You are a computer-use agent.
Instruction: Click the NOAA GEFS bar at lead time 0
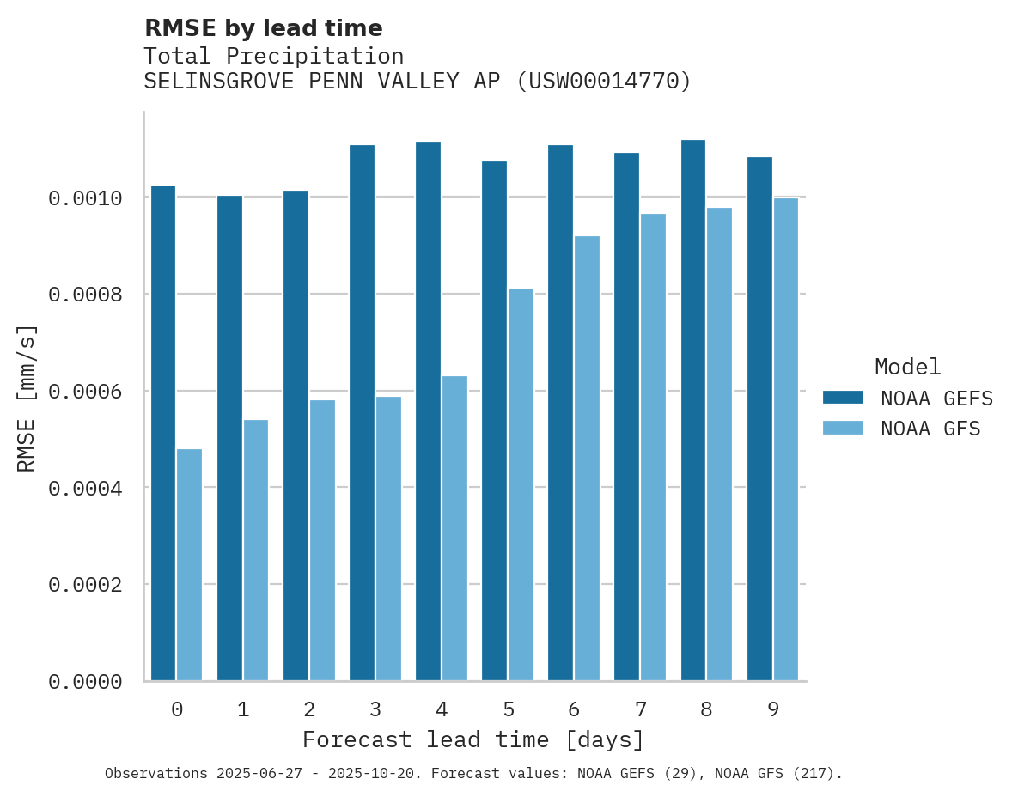pyautogui.click(x=163, y=433)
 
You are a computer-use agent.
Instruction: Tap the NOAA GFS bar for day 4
pyautogui.click(x=454, y=528)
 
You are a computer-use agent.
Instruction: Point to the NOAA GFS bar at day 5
pyautogui.click(x=521, y=484)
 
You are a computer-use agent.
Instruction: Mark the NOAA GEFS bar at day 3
pyautogui.click(x=362, y=413)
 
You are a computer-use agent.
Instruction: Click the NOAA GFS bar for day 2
pyautogui.click(x=322, y=540)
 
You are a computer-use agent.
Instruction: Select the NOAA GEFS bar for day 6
pyautogui.click(x=561, y=413)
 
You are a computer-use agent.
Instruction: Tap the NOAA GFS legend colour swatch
pyautogui.click(x=843, y=428)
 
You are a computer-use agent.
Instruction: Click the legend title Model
pyautogui.click(x=907, y=367)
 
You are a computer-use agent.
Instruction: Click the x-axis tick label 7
pyautogui.click(x=641, y=709)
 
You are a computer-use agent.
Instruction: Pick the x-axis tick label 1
pyautogui.click(x=243, y=709)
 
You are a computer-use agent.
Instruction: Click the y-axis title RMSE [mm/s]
pyautogui.click(x=27, y=398)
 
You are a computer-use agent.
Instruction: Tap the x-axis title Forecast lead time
pyautogui.click(x=473, y=739)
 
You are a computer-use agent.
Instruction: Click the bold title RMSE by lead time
pyautogui.click(x=263, y=28)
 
